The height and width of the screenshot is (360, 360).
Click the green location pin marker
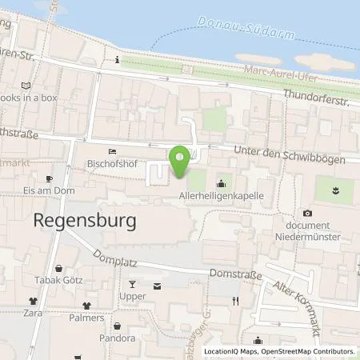[x=179, y=162]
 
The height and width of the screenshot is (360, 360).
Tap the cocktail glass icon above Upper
[x=133, y=285]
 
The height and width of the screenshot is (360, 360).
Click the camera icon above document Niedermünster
[x=307, y=214]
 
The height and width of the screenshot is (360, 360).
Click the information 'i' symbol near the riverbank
[x=118, y=60]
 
